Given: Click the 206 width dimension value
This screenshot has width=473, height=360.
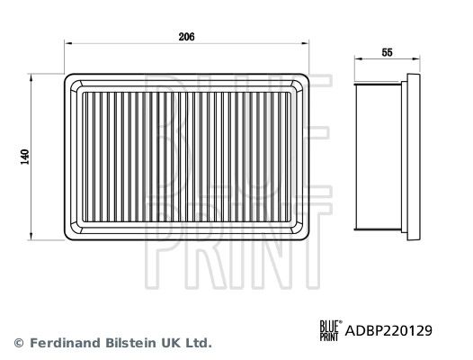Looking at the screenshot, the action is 186,37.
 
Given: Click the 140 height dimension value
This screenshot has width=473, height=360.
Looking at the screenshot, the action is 25,157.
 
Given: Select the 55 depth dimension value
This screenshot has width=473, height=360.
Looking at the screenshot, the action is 387,52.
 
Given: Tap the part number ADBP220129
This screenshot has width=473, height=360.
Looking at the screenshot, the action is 388,330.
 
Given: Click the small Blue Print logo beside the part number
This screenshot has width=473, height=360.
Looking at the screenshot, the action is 331,330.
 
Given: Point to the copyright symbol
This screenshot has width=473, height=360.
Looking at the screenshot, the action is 19,343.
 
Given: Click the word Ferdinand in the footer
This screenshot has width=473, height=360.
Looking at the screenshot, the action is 65,343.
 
